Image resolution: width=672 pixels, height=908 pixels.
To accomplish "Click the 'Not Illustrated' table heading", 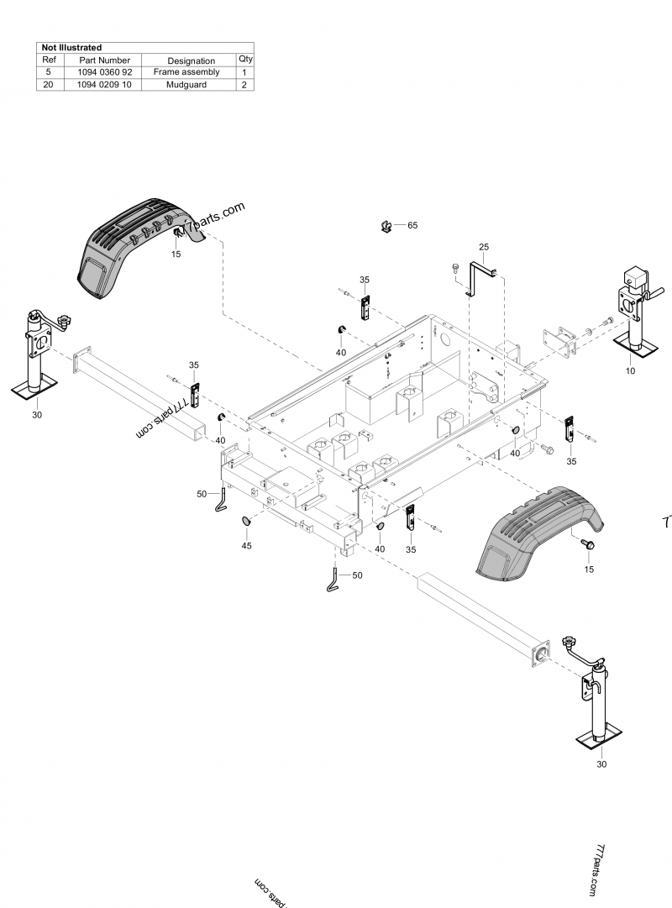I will coord(71,48).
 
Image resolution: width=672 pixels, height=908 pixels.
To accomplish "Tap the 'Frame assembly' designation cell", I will coord(186,72).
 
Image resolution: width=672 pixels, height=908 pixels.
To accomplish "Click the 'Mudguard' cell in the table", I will coord(186,85).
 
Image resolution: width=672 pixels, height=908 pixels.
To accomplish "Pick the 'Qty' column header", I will coord(245,60).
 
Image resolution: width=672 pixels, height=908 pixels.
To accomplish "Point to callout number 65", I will coord(412,225).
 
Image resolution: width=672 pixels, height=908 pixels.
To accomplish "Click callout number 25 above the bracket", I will coord(483,246).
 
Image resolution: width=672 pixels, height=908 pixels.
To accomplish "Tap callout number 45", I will coord(246,546).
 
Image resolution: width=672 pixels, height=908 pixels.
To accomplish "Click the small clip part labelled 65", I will coord(386,225).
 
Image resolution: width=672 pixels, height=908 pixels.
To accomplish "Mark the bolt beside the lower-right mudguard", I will coord(587,547).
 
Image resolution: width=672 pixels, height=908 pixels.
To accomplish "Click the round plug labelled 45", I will coord(247,522).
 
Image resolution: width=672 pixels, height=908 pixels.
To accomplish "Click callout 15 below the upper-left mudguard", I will coord(176,253).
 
